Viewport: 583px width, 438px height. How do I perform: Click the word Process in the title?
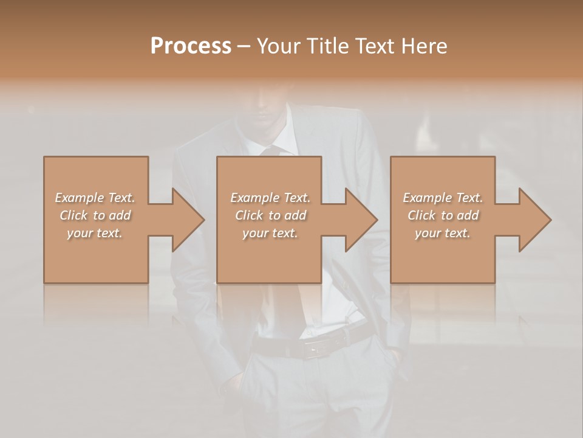tap(191, 46)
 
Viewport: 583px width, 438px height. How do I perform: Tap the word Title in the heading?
tap(328, 46)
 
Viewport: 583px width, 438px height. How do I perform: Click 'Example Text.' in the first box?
tap(95, 198)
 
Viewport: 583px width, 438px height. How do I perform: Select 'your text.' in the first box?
tap(95, 233)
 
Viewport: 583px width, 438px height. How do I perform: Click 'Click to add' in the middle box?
tap(270, 215)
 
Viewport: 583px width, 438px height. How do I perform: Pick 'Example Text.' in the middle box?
tap(270, 198)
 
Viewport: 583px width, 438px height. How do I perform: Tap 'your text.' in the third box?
tap(443, 233)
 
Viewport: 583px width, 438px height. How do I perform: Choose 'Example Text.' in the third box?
tap(443, 198)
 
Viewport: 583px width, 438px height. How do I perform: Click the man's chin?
tap(267, 119)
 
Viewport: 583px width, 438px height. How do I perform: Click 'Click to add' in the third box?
tap(443, 215)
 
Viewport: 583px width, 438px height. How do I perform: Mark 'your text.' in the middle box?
tap(270, 233)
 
